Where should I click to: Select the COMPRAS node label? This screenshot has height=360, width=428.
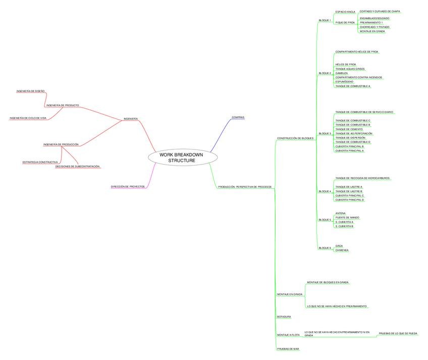point(238,117)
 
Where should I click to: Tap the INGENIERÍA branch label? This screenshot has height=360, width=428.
point(131,119)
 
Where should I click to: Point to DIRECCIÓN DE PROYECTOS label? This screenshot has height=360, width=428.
point(128,186)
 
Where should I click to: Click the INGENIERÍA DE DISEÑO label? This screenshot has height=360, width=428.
point(30,91)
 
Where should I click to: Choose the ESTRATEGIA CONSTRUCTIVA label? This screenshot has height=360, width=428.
point(40,162)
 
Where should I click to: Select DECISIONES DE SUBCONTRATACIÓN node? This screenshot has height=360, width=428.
point(77,166)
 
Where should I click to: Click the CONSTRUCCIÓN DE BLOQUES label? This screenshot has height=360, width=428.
point(295,138)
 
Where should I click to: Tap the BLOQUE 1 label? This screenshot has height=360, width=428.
point(325,20)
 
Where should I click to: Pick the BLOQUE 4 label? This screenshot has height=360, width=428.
point(325,191)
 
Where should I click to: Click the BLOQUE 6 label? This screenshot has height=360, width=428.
point(325,248)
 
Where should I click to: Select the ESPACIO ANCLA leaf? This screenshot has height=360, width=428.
point(345,11)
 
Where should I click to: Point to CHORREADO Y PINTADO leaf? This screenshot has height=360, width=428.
point(375,27)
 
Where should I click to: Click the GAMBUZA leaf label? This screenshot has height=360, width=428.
point(341,73)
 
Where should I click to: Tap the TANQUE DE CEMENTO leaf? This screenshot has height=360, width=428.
point(349,129)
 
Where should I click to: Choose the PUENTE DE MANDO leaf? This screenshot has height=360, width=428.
point(347,217)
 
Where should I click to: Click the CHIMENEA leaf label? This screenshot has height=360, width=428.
point(342,250)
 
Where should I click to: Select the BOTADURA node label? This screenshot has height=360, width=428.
point(284,317)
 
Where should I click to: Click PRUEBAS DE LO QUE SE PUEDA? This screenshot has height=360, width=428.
point(398,334)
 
